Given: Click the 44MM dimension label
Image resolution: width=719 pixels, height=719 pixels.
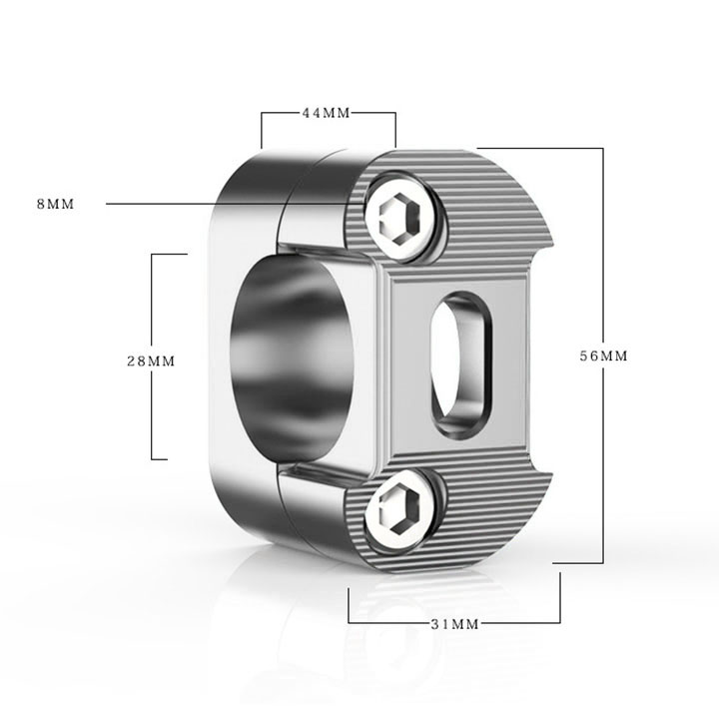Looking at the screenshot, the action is click(x=326, y=113).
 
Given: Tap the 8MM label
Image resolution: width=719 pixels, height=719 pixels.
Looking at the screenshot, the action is click(x=56, y=204).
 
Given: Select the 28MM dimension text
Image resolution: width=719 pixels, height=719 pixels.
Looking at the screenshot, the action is click(x=151, y=361).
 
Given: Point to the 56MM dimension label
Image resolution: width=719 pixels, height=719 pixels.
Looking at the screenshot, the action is click(x=603, y=356).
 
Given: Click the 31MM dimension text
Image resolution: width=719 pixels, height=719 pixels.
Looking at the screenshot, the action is click(x=455, y=624).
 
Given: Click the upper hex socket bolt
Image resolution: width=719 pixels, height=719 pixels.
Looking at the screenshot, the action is click(x=400, y=217).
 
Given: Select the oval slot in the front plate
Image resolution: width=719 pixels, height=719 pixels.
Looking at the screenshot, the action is click(x=460, y=364).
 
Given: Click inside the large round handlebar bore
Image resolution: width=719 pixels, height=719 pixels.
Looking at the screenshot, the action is click(x=292, y=357).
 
